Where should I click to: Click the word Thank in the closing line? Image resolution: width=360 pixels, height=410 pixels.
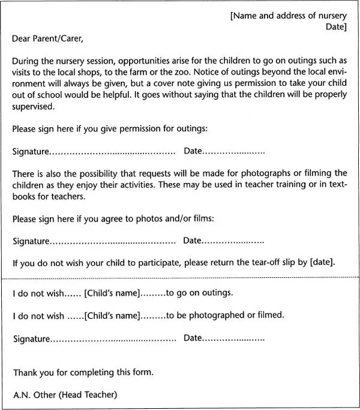(26, 372)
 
